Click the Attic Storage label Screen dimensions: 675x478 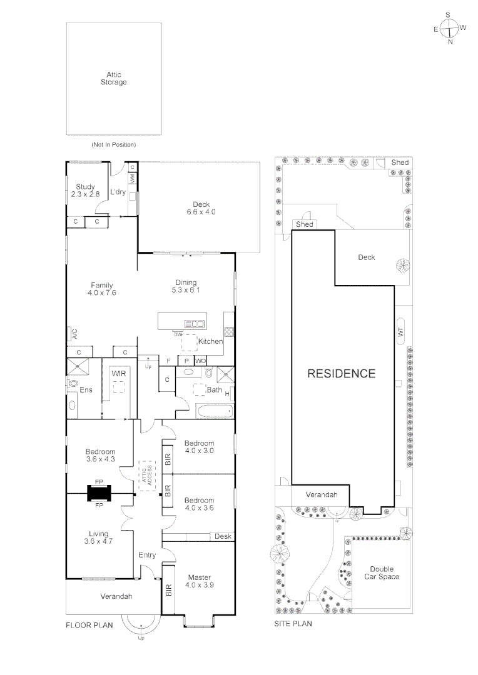pos(113,78)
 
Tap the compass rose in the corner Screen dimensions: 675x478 pos(449,28)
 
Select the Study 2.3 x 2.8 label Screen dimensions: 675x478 pos(85,190)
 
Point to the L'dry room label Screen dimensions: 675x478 pos(118,192)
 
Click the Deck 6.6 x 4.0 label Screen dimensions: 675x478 pos(201,208)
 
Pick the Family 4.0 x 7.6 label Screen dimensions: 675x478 pos(101,289)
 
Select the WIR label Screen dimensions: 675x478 pos(119,373)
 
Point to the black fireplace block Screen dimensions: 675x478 pos(99,493)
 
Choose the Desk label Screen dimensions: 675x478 pos(222,536)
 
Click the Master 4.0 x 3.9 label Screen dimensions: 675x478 pos(198,581)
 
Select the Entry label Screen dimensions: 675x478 pos(147,555)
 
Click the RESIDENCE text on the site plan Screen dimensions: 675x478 pos(341,374)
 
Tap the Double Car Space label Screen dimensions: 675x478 pos(382,572)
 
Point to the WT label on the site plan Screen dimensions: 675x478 pos(401,333)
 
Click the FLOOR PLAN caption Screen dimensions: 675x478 pos(89,624)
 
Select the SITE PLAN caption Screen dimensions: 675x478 pos(293,624)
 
